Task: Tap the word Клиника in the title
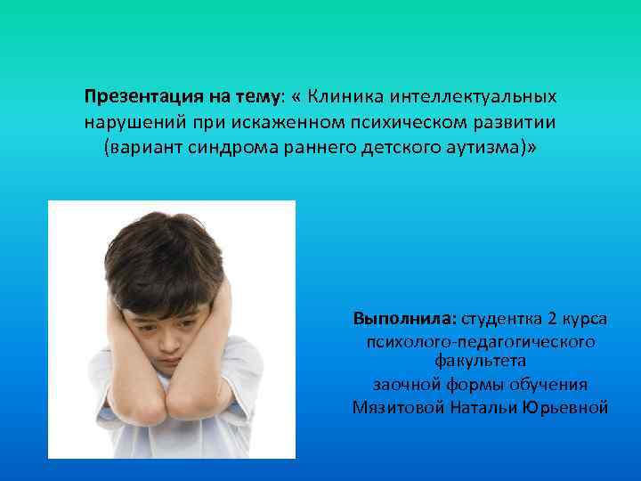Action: [x=342, y=96]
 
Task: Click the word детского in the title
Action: [x=395, y=145]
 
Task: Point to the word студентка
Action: [x=502, y=318]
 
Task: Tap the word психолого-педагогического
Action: [x=481, y=342]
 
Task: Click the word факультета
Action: [x=481, y=361]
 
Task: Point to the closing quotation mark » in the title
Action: [x=532, y=145]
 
